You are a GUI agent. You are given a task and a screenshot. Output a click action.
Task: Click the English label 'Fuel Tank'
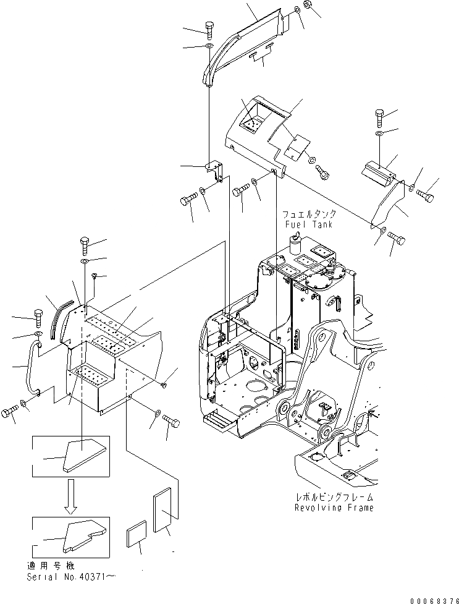(x=308, y=225)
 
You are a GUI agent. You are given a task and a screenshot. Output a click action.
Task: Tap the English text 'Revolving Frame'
(x=334, y=508)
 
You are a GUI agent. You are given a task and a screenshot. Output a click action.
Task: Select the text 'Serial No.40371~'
(x=71, y=576)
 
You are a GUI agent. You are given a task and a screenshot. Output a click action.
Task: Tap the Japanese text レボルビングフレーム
(x=334, y=497)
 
